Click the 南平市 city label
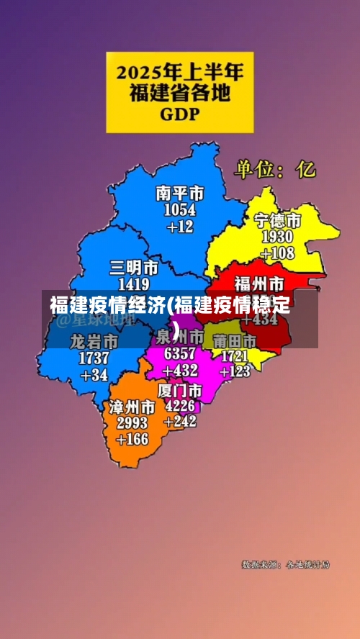(x=180, y=194)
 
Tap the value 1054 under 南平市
(x=180, y=210)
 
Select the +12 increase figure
(x=180, y=227)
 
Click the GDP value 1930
(x=277, y=237)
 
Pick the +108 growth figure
(x=277, y=253)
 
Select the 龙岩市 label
(x=94, y=341)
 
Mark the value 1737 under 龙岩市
(x=94, y=358)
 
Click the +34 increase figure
(x=94, y=375)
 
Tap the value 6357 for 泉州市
(x=179, y=354)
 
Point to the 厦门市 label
(x=179, y=390)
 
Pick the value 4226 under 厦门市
(x=180, y=406)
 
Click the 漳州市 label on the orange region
(x=132, y=407)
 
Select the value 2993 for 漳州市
(x=132, y=422)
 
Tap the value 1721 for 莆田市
(x=234, y=355)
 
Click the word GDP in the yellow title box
(x=180, y=114)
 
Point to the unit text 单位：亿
(x=274, y=169)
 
